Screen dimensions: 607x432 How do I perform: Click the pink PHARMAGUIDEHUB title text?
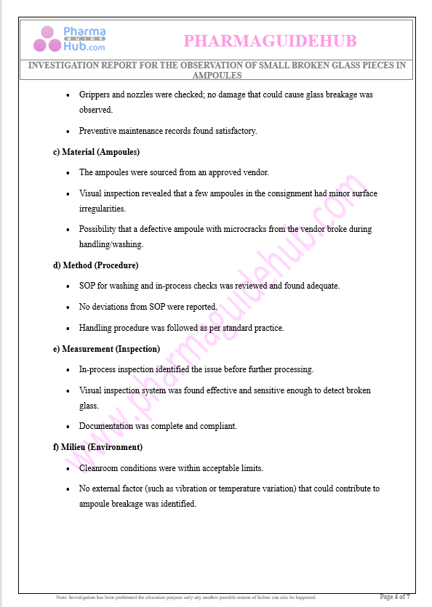[x=270, y=40]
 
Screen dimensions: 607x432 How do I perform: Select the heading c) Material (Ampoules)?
[x=96, y=152]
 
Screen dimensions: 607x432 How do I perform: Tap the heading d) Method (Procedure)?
[x=95, y=265]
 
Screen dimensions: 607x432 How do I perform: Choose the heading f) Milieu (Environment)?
[x=97, y=447]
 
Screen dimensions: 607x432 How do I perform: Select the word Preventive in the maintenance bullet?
[x=98, y=132]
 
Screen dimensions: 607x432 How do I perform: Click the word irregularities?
[x=103, y=209]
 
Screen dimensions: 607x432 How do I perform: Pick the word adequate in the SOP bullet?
[x=322, y=286]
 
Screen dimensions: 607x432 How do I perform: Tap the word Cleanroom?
[x=100, y=468]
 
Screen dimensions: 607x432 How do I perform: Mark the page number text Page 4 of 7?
[x=395, y=597]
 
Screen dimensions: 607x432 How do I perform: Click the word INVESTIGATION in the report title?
[x=63, y=65]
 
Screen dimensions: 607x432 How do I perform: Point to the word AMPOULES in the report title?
[x=217, y=76]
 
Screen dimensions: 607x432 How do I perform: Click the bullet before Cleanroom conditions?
[x=68, y=468]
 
